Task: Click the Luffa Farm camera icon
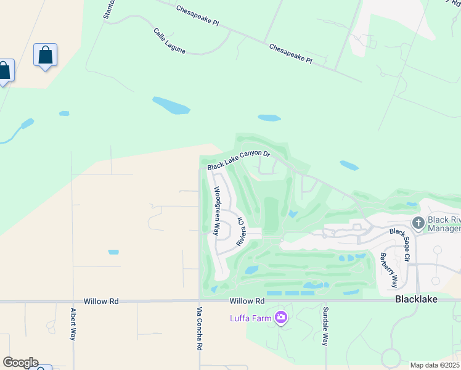[281, 318]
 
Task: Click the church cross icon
[418, 223]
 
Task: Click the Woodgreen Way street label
[216, 211]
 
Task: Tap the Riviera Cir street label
[242, 230]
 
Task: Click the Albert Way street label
[73, 324]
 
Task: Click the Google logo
[20, 363]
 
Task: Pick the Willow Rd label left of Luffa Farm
[247, 302]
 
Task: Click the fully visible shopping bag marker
[46, 55]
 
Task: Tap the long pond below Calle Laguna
[171, 105]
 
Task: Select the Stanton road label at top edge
[107, 10]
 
